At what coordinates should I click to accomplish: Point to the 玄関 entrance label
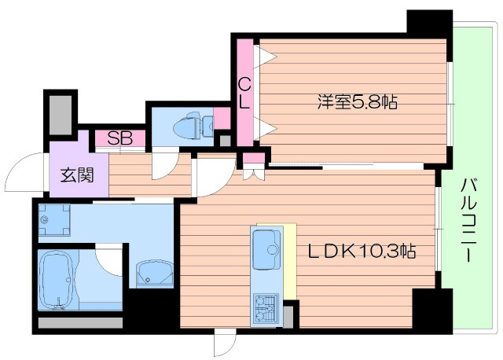[76, 174]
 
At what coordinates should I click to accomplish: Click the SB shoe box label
[119, 139]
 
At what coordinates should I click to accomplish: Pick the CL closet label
[244, 93]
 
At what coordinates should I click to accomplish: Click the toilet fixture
[191, 125]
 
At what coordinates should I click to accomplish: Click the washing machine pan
[55, 218]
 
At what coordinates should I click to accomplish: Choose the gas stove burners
[266, 307]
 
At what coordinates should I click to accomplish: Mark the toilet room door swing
[163, 162]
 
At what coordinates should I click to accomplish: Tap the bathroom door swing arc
[108, 262]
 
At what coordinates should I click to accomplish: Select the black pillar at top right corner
[429, 22]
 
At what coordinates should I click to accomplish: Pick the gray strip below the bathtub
[80, 321]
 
